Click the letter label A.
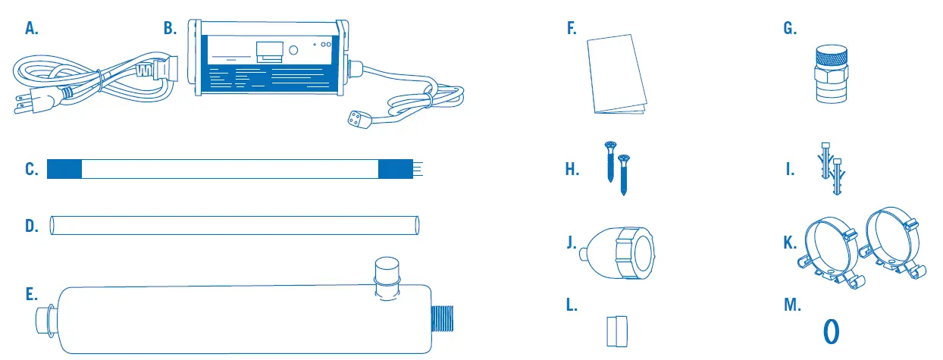(x=31, y=29)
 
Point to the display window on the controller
(x=268, y=52)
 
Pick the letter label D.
(x=31, y=226)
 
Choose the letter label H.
(x=572, y=170)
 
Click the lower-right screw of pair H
(x=624, y=174)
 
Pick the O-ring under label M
(x=832, y=331)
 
